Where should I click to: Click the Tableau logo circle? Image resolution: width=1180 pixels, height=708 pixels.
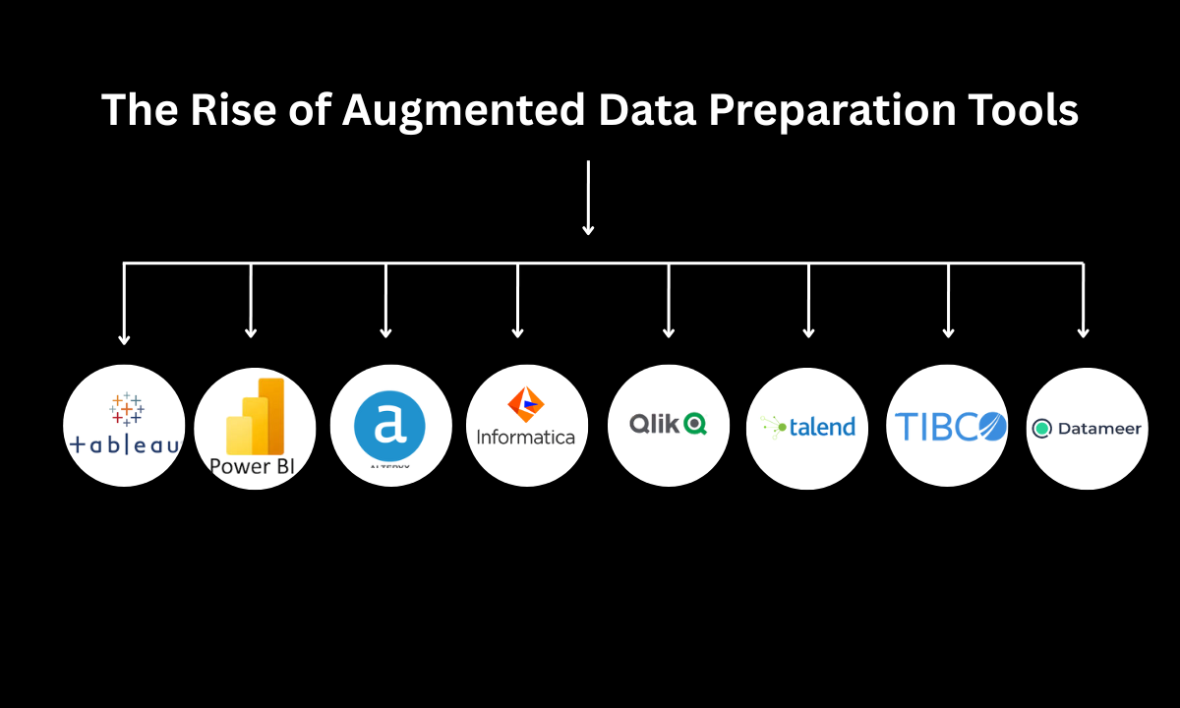(124, 425)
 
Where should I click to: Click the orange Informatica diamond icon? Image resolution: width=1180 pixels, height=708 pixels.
(525, 403)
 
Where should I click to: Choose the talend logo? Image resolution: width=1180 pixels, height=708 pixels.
(807, 427)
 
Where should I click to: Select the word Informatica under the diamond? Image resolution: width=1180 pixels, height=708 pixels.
(525, 437)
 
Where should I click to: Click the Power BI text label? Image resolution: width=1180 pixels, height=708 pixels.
(253, 465)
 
